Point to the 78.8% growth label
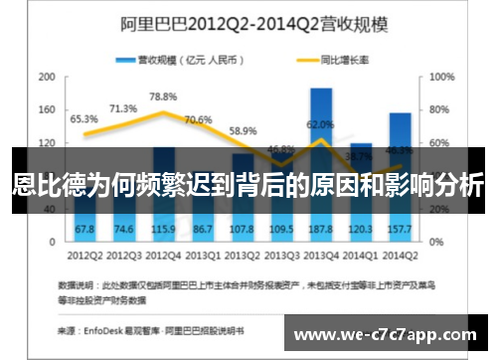coord(162,96)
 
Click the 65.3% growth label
coord(83,119)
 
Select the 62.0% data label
coord(320,125)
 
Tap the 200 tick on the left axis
coord(46,78)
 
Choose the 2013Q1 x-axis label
coord(202,255)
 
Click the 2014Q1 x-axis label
coord(360,255)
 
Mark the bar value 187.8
coord(320,230)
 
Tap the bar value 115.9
coord(162,230)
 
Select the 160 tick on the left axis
coord(46,110)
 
